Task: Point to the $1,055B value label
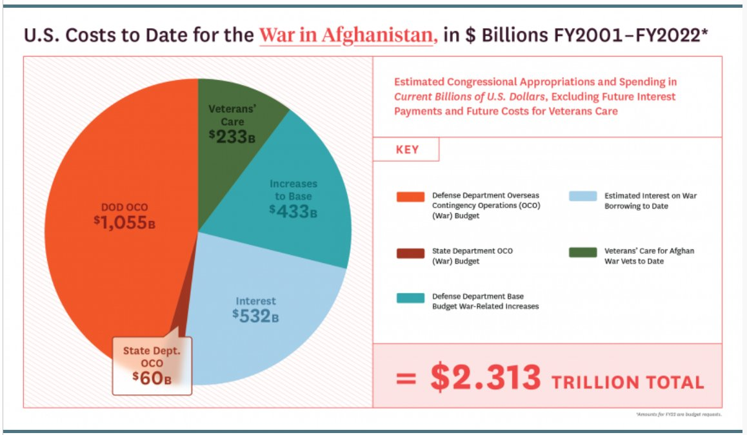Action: [124, 223]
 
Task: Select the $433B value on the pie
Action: [293, 211]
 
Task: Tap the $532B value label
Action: [256, 314]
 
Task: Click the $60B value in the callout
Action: [152, 378]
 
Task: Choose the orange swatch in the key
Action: [410, 197]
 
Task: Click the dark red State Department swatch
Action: [410, 253]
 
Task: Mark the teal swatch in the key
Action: [410, 298]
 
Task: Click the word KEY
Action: [406, 150]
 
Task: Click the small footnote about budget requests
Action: [678, 414]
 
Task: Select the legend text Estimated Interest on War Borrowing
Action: [650, 200]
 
